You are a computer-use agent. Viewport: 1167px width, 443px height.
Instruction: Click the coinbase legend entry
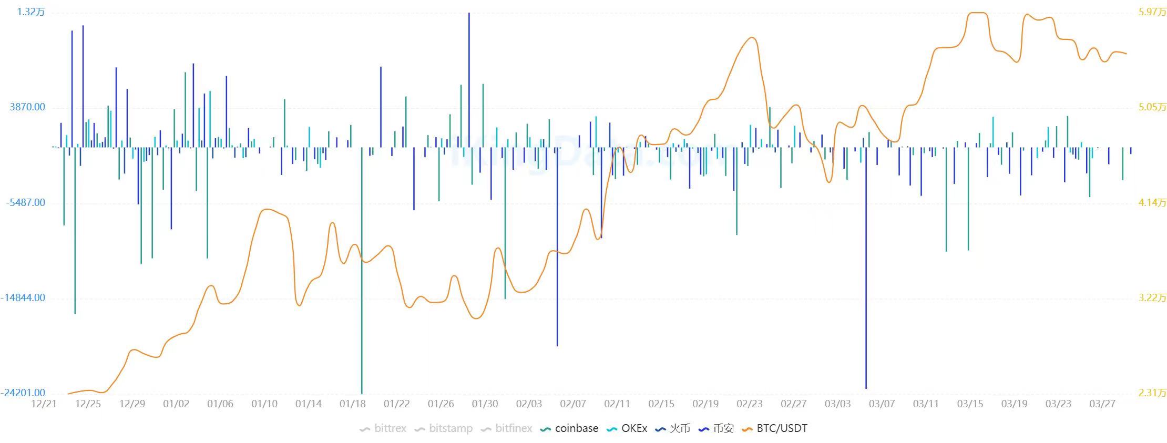[570, 428]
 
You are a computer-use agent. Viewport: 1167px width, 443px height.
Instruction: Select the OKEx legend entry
[627, 428]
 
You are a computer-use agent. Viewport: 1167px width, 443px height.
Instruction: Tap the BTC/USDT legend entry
[775, 428]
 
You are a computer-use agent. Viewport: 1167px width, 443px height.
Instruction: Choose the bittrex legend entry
[383, 428]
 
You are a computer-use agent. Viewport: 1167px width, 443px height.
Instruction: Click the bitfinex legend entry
[507, 428]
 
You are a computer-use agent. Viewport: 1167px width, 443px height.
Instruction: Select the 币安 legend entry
[716, 428]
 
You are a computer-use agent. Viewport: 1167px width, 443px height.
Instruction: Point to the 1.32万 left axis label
[31, 12]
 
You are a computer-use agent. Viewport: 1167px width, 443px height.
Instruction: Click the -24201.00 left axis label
[23, 393]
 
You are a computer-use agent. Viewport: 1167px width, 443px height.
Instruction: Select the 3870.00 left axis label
[27, 107]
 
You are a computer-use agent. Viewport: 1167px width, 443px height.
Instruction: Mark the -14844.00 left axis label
[23, 297]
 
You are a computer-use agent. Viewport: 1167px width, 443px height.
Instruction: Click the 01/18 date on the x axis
[353, 404]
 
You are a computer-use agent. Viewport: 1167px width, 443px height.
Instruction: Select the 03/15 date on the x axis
[970, 404]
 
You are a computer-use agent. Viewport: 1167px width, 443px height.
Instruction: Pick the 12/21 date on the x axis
[44, 404]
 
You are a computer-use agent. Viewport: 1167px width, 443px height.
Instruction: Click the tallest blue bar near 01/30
[469, 79]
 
